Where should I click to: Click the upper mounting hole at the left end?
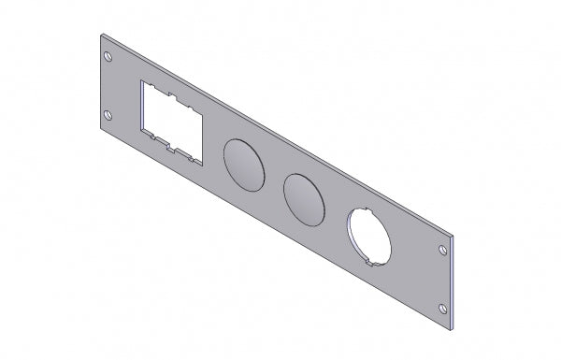pos(108,58)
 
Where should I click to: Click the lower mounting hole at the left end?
pos(108,116)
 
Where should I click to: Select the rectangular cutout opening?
pos(172,122)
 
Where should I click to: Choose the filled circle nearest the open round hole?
pos(305,198)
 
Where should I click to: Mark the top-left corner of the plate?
pos(100,35)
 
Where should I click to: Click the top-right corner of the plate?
pos(453,238)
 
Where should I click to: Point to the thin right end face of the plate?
pos(454,281)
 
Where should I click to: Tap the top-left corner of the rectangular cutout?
pos(141,81)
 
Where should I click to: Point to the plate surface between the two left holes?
pos(108,87)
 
